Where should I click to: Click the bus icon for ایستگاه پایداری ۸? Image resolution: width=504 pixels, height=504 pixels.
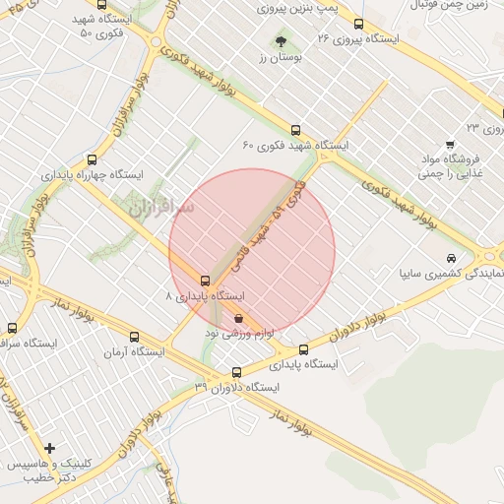tap(205, 281)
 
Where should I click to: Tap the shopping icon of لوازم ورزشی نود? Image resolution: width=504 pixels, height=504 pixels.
tap(240, 318)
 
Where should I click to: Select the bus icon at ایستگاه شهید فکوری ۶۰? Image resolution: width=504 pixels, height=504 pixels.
tap(295, 129)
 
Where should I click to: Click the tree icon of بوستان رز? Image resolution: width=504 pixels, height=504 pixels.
tap(282, 41)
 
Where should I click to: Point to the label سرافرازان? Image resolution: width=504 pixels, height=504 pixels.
tap(162, 208)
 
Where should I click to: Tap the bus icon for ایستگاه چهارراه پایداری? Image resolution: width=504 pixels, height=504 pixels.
tap(92, 158)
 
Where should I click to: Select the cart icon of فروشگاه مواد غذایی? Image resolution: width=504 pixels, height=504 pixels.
tap(450, 144)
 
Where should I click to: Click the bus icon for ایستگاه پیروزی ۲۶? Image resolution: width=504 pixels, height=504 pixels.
tap(357, 24)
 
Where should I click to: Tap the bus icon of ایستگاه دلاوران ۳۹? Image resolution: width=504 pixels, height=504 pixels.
tap(235, 372)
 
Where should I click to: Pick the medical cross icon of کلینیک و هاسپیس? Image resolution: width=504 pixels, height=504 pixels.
tap(49, 448)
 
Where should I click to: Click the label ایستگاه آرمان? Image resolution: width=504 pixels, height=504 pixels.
tap(136, 351)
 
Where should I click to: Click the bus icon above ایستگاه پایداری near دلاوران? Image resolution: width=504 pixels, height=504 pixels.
tap(303, 348)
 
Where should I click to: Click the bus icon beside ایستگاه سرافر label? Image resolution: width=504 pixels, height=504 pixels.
tap(11, 328)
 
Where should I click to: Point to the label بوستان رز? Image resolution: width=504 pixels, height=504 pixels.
tap(278, 59)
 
